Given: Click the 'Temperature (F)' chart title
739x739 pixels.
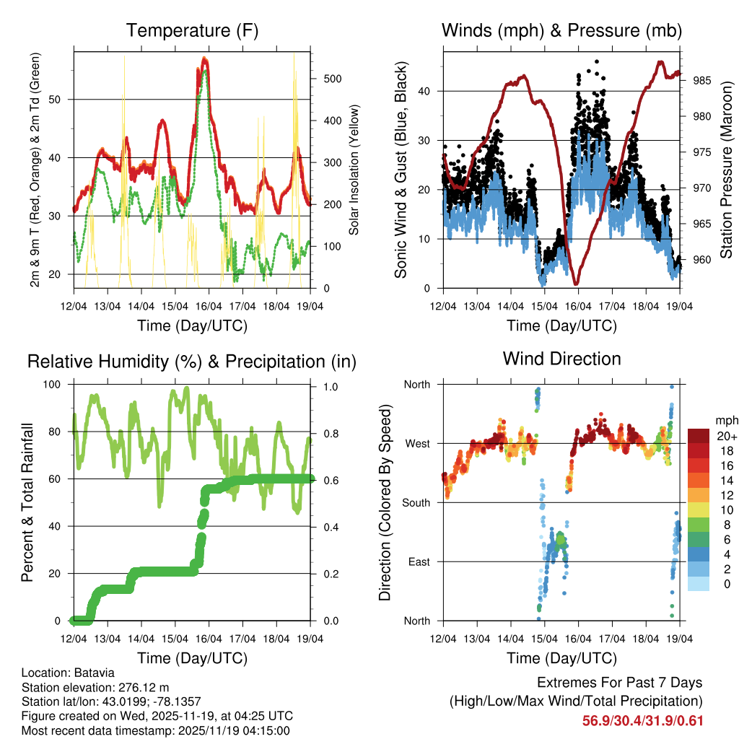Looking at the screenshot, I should tap(192, 31).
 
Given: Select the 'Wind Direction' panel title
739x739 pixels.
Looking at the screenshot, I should tap(561, 359).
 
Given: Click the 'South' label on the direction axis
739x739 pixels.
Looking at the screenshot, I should tap(416, 502).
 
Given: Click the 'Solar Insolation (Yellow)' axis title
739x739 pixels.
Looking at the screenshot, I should tap(354, 170).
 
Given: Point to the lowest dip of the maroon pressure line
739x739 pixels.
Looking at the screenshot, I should tap(576, 284).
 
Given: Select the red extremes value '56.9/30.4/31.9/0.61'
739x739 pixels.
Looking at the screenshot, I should tap(642, 720).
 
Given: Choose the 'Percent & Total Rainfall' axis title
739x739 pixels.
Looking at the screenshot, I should tap(27, 502).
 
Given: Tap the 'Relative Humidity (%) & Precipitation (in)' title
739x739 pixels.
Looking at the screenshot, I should tap(192, 362).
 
